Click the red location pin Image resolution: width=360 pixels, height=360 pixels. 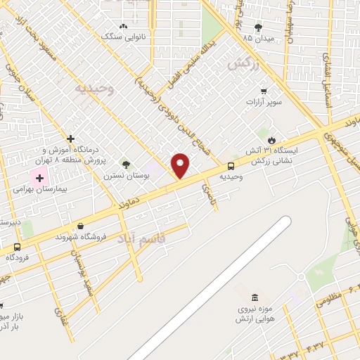[180, 165]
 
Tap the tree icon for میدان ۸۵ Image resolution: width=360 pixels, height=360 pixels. [258, 27]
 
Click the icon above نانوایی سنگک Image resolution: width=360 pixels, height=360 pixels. [124, 26]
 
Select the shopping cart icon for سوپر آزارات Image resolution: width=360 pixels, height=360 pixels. [264, 91]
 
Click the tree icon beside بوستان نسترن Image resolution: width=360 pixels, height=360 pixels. [126, 164]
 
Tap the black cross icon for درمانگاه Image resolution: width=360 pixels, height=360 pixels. [70, 139]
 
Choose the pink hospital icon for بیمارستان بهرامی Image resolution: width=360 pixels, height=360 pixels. [39, 178]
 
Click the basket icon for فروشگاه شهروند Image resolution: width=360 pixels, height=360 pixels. [81, 226]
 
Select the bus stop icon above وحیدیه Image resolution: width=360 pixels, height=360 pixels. [231, 167]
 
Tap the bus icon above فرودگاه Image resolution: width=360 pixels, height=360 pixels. [17, 247]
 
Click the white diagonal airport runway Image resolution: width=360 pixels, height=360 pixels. [211, 289]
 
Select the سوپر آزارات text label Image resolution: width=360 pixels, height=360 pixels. [264, 103]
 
